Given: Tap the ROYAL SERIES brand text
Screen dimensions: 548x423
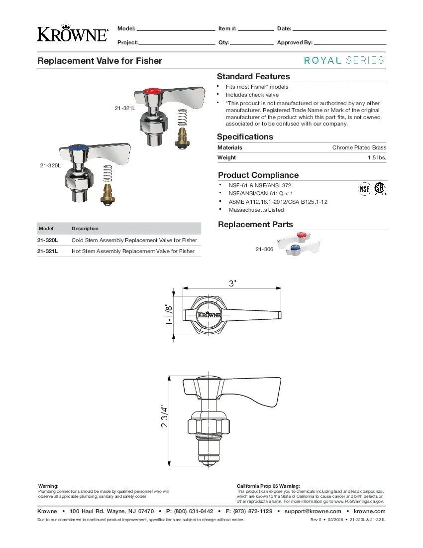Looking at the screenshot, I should coord(344,60).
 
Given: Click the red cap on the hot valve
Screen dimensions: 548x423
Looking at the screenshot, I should coord(151,91).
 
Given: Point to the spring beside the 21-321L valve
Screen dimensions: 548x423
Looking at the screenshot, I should coord(183,121).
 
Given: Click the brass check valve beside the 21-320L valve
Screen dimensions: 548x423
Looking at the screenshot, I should coord(107,192).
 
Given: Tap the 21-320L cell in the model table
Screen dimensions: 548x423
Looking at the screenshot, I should coord(48,240).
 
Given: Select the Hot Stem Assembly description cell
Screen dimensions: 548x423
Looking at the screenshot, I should coord(133,252).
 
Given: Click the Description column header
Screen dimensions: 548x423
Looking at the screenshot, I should coord(85,229).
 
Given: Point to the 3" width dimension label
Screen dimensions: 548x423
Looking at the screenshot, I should coord(233,283).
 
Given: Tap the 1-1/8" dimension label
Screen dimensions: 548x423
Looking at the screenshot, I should coord(170,315).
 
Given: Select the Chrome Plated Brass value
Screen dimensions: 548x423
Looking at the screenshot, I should coord(359,147).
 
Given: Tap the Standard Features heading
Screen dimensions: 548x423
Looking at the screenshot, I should coord(253,77).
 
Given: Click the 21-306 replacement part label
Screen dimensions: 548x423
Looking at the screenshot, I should coord(264,249).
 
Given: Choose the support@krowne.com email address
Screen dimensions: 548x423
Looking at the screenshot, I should coord(313,511).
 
